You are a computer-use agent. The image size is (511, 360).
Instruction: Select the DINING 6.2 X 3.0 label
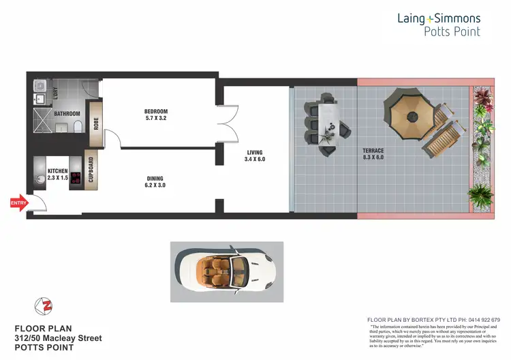pos(155,181)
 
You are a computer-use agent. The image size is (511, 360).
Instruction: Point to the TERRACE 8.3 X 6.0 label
pos(373,154)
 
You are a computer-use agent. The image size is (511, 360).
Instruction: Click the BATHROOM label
pos(67,114)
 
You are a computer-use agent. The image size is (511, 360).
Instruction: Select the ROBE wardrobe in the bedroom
pos(96,123)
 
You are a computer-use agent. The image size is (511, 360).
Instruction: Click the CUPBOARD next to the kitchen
pos(91,170)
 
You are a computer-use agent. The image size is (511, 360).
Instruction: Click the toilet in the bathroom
pos(78,126)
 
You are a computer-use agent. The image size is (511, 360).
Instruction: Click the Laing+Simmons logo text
pos(438,18)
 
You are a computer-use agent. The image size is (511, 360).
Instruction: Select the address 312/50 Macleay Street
pos(59,337)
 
